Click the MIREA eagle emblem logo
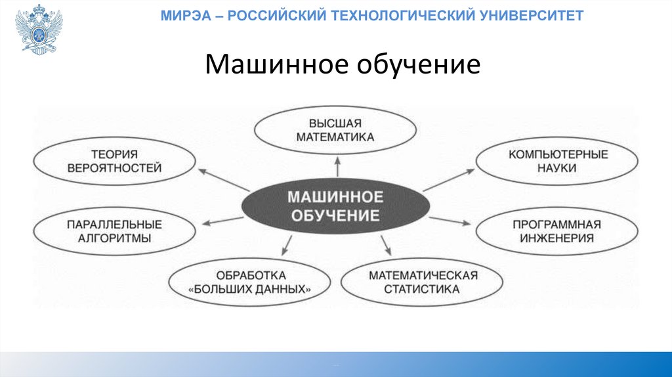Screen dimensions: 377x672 pos(39,30)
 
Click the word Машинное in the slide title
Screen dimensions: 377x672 pos(276,64)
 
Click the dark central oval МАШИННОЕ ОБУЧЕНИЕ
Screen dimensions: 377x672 pos(335,206)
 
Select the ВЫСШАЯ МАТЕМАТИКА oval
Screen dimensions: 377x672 pos(335,130)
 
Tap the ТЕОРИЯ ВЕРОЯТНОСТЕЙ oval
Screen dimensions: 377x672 pos(114,161)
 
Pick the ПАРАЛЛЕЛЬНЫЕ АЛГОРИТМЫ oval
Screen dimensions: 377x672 pos(114,231)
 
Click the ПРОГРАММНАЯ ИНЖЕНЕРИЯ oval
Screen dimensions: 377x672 pos(556,231)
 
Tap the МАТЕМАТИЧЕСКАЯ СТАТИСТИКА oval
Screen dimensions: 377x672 pos(422,282)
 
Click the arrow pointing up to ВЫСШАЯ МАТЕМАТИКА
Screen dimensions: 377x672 pos(337,166)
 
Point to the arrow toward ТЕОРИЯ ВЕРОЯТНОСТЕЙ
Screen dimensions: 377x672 pos(219,178)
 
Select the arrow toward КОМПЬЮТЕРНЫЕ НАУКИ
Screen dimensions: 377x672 pos(450,179)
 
